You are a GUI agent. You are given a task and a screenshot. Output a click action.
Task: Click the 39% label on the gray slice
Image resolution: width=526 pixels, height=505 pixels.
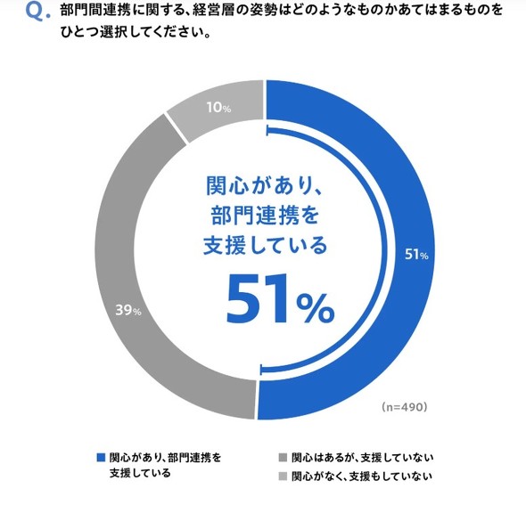point(128,310)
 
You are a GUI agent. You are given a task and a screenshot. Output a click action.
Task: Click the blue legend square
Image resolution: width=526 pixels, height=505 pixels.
point(101,457)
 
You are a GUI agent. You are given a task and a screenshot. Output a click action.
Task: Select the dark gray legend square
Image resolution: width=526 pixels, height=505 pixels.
point(283,457)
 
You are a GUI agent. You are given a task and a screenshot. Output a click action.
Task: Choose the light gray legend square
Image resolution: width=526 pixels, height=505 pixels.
point(283,476)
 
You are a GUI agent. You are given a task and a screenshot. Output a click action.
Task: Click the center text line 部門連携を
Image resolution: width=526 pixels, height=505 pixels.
point(264,215)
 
